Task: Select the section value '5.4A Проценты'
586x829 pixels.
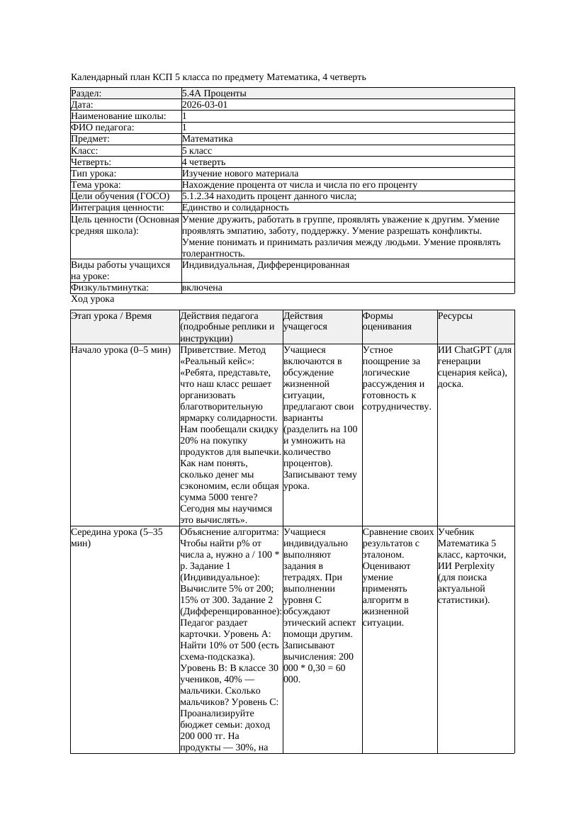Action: coord(214,94)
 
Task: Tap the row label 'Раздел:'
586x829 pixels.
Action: coord(86,94)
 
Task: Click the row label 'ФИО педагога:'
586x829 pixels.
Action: coord(103,128)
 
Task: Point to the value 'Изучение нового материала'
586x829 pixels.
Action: coord(240,174)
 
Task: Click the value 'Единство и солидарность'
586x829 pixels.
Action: coord(235,208)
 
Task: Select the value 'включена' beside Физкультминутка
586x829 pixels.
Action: coord(202,288)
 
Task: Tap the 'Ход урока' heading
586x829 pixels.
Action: coord(92,299)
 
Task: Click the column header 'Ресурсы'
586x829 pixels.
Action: coord(455,316)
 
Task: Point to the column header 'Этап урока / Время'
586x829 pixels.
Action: coord(111,316)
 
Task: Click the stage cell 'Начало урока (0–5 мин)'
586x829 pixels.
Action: coord(120,350)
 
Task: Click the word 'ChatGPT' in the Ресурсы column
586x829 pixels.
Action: coord(473,350)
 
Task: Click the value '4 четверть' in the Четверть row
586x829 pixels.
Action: coord(203,162)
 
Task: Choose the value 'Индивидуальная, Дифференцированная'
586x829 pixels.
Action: coord(266,265)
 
